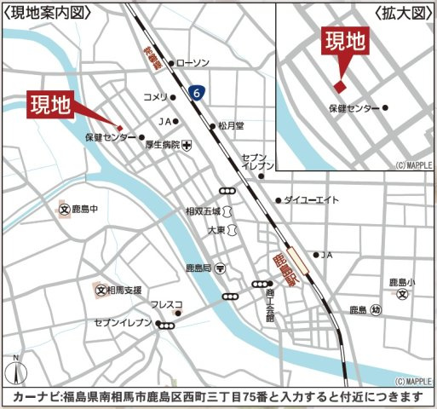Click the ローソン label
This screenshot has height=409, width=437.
click(x=192, y=63)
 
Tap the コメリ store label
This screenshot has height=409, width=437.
click(x=155, y=96)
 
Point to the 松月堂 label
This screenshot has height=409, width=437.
click(x=230, y=124)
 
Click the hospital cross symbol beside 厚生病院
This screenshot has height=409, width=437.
click(x=187, y=145)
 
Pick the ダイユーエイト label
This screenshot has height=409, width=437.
click(x=308, y=200)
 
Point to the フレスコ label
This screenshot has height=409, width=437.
click(x=166, y=304)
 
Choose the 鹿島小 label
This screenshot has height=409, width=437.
click(x=401, y=282)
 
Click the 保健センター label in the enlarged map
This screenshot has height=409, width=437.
click(x=354, y=109)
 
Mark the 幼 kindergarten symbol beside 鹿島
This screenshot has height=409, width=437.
click(x=376, y=310)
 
